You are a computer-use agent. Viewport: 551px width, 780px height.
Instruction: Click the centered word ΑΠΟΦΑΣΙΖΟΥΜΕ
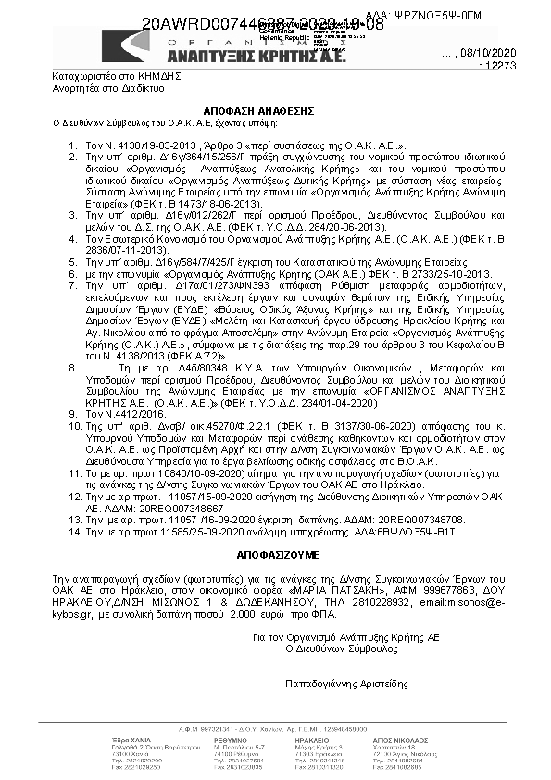coord(274,558)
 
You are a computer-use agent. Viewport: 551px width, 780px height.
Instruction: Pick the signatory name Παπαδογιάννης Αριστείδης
coord(347,684)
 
